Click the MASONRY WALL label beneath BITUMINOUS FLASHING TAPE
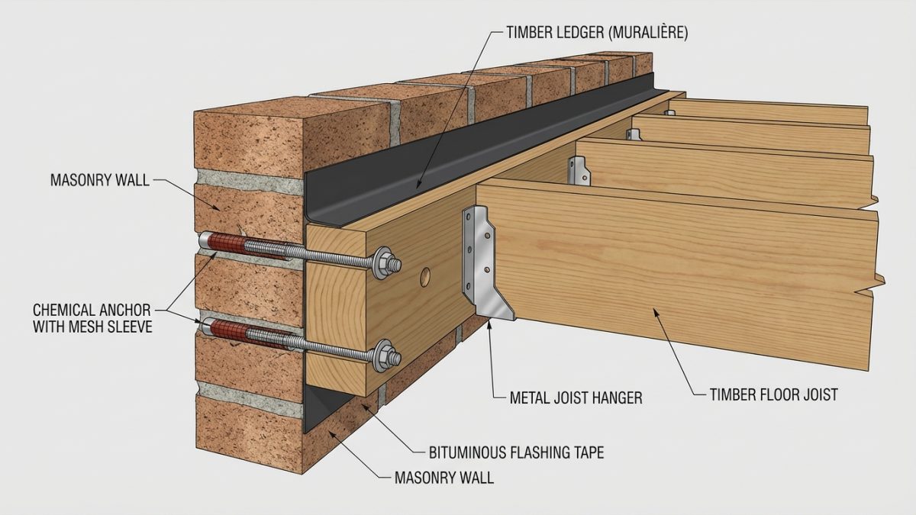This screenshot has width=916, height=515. tap(444, 478)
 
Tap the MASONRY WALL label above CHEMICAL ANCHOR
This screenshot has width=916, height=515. tap(100, 180)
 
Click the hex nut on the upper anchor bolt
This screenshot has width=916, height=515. tap(385, 262)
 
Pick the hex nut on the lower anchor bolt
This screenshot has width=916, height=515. tap(385, 356)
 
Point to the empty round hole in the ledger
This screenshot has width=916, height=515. tap(425, 277)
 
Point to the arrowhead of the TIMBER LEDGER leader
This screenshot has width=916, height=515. tap(418, 185)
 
